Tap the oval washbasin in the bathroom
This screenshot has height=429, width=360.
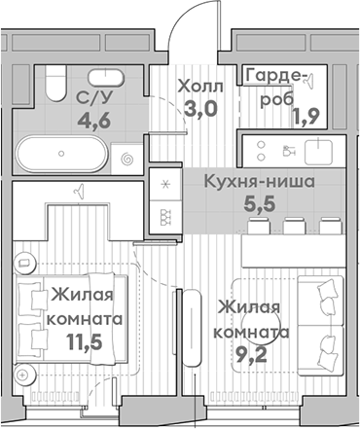[x=101, y=77]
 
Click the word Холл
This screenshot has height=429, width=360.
[x=200, y=86]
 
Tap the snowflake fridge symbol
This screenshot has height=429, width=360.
[x=162, y=185]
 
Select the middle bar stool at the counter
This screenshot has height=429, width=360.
[x=296, y=227]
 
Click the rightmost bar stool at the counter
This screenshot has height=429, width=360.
[x=329, y=227]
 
